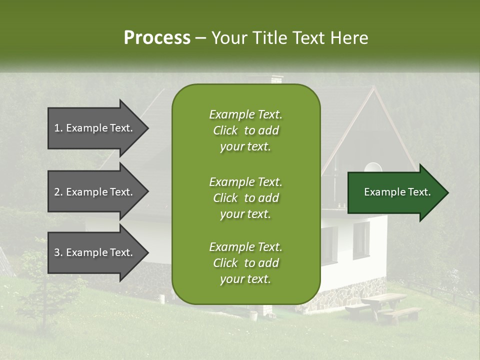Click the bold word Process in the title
point(157,38)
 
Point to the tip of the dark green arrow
point(447,192)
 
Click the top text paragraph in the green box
point(245,130)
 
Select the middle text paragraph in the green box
point(245,197)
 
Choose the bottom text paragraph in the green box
point(245,263)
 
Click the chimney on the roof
point(276,79)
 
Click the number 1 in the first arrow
point(57,128)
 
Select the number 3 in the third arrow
point(57,252)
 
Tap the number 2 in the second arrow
point(57,192)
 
